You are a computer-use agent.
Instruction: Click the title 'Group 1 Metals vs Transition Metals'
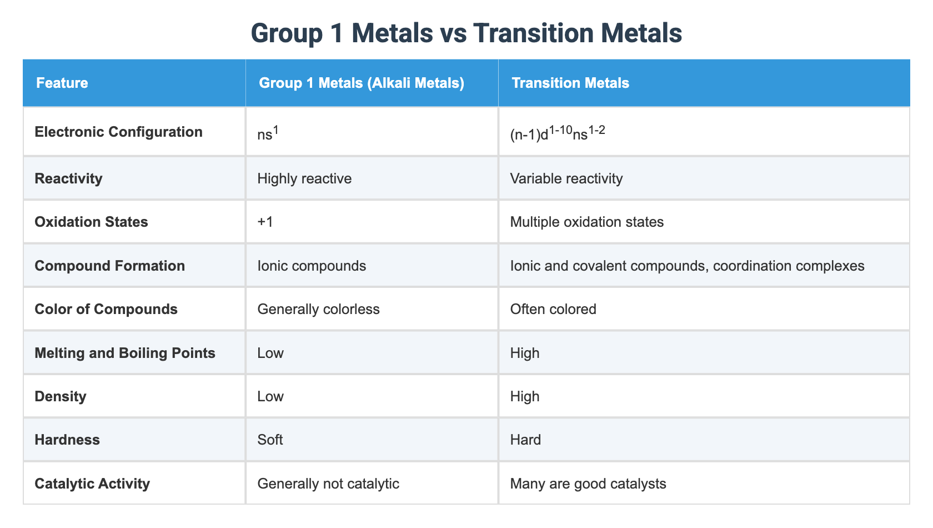coord(466,33)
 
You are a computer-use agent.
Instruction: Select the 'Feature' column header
coord(62,83)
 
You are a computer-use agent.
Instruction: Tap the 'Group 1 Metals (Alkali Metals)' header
coord(361,83)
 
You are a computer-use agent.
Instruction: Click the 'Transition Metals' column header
coord(570,83)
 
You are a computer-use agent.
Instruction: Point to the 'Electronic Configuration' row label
coord(118,132)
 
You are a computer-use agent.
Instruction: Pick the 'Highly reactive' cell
coord(304,178)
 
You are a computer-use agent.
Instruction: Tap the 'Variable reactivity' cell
coord(566,178)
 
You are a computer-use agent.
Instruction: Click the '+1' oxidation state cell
coord(265,222)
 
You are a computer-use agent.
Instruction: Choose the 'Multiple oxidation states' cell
coord(586,222)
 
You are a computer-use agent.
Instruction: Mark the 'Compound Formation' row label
coord(109,266)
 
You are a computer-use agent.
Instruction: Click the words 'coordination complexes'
coord(789,266)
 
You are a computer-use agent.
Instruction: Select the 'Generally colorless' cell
coord(318,309)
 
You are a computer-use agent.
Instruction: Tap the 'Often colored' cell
coord(553,309)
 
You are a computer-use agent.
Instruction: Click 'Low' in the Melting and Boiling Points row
coord(270,353)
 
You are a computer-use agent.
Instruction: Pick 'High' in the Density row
coord(524,396)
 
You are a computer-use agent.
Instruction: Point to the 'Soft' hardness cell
coord(270,440)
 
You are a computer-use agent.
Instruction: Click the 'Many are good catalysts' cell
coord(588,484)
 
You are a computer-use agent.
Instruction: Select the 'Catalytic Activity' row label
coord(92,484)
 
